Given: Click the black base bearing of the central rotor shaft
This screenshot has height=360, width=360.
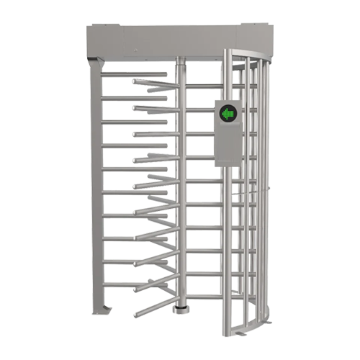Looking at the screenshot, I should tap(180, 309).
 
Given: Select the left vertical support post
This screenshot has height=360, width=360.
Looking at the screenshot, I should tap(98, 187).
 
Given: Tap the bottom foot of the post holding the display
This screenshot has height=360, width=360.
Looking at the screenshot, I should tap(229, 333).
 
